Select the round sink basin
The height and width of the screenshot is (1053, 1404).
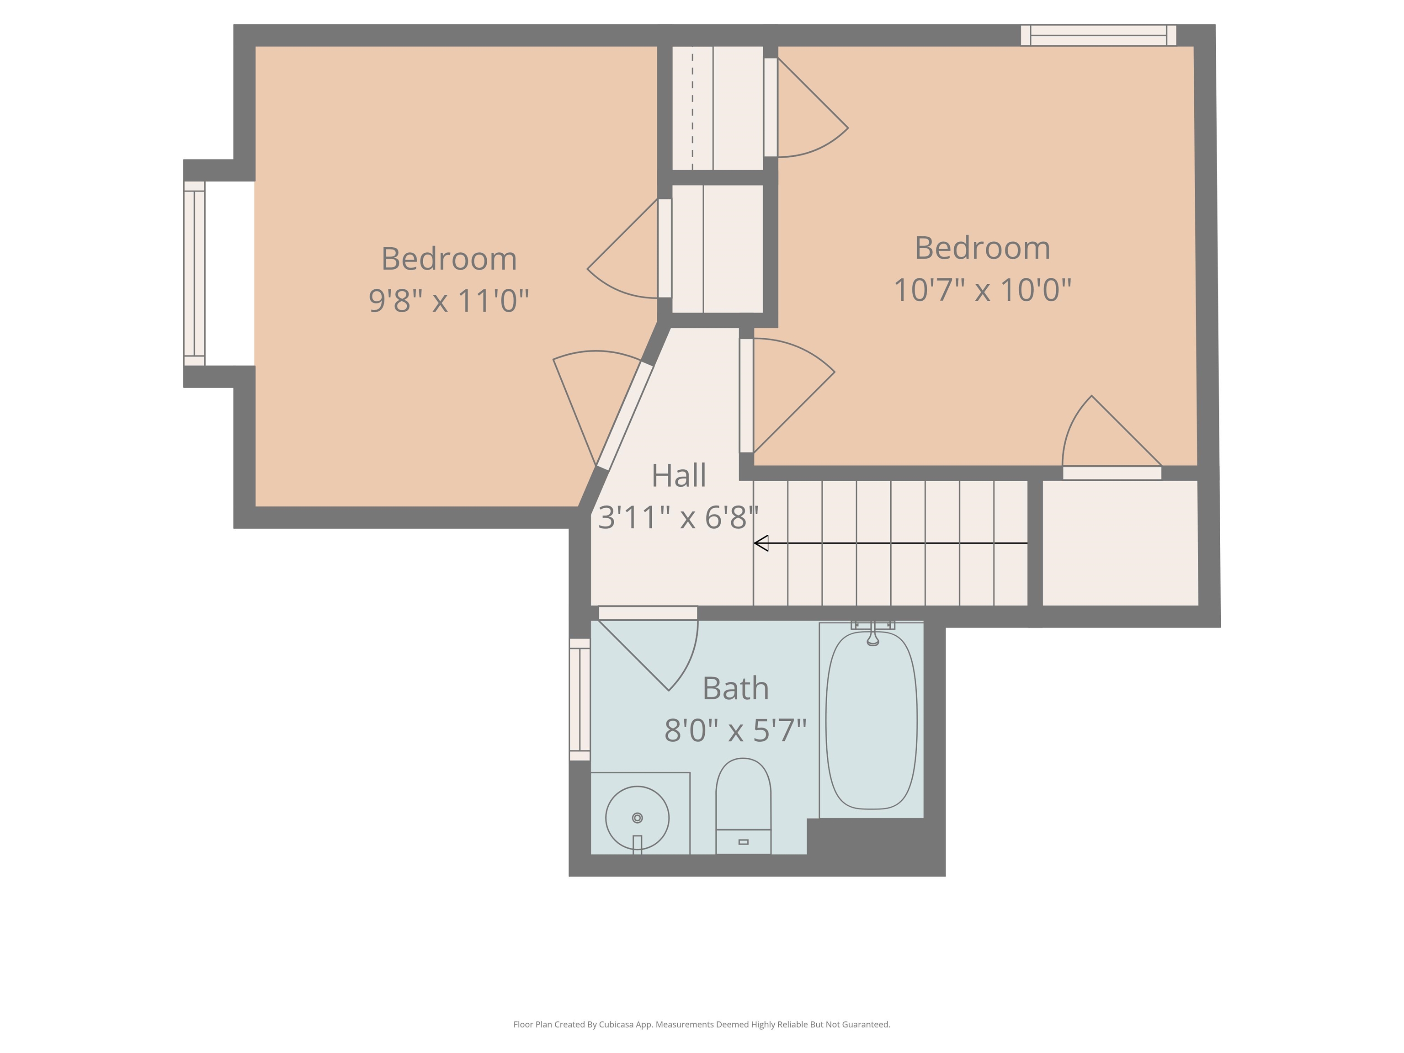point(637,818)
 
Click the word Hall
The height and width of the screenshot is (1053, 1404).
point(679,475)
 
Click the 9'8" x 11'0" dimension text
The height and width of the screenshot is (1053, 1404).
point(449,300)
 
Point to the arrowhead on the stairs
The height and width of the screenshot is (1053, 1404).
point(761,543)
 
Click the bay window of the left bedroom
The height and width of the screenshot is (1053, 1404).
point(194,274)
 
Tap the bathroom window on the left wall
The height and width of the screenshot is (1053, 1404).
point(580,699)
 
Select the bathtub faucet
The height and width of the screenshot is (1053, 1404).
point(873,633)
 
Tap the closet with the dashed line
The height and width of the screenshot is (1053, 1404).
point(717,108)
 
